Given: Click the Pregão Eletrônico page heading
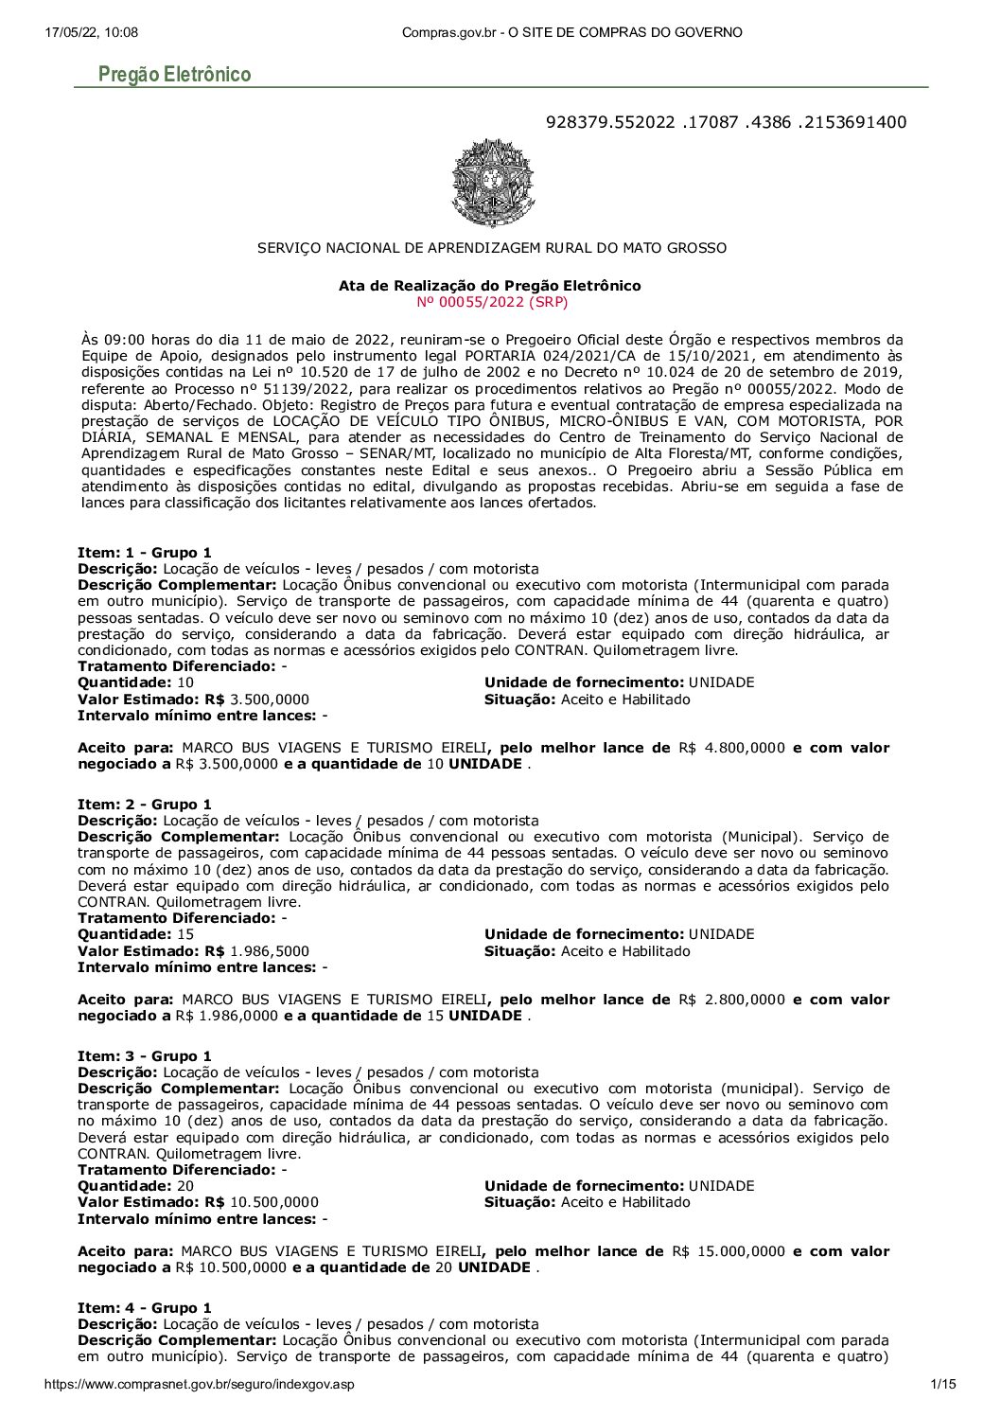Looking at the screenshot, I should [x=174, y=75].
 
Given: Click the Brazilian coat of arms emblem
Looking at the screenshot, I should [x=492, y=184].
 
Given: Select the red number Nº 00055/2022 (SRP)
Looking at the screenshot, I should [x=492, y=302].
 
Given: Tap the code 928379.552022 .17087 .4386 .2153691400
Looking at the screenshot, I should [x=726, y=122].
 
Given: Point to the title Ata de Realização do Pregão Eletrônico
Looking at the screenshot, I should [x=489, y=286].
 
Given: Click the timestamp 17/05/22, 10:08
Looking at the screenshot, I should [x=91, y=32].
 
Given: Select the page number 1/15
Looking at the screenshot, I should [x=943, y=1384].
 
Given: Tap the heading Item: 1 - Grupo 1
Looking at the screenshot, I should [x=145, y=553].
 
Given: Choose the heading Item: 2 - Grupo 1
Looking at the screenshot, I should [x=145, y=805].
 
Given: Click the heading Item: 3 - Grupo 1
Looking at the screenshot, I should [x=145, y=1056].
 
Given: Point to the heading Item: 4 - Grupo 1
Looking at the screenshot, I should [x=145, y=1308].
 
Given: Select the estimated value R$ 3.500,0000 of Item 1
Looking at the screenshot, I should [x=270, y=700].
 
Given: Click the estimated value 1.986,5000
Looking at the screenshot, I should [x=270, y=951].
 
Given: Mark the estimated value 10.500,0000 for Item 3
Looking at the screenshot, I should [x=274, y=1202].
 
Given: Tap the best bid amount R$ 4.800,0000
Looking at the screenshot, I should [x=731, y=748].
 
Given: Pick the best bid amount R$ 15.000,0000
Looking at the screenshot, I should [x=729, y=1251].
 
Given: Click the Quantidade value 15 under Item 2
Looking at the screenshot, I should [x=185, y=934].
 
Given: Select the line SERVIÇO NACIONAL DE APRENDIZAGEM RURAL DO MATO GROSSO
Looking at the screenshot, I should [x=492, y=248].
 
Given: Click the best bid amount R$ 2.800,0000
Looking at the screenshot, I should [x=731, y=1000].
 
